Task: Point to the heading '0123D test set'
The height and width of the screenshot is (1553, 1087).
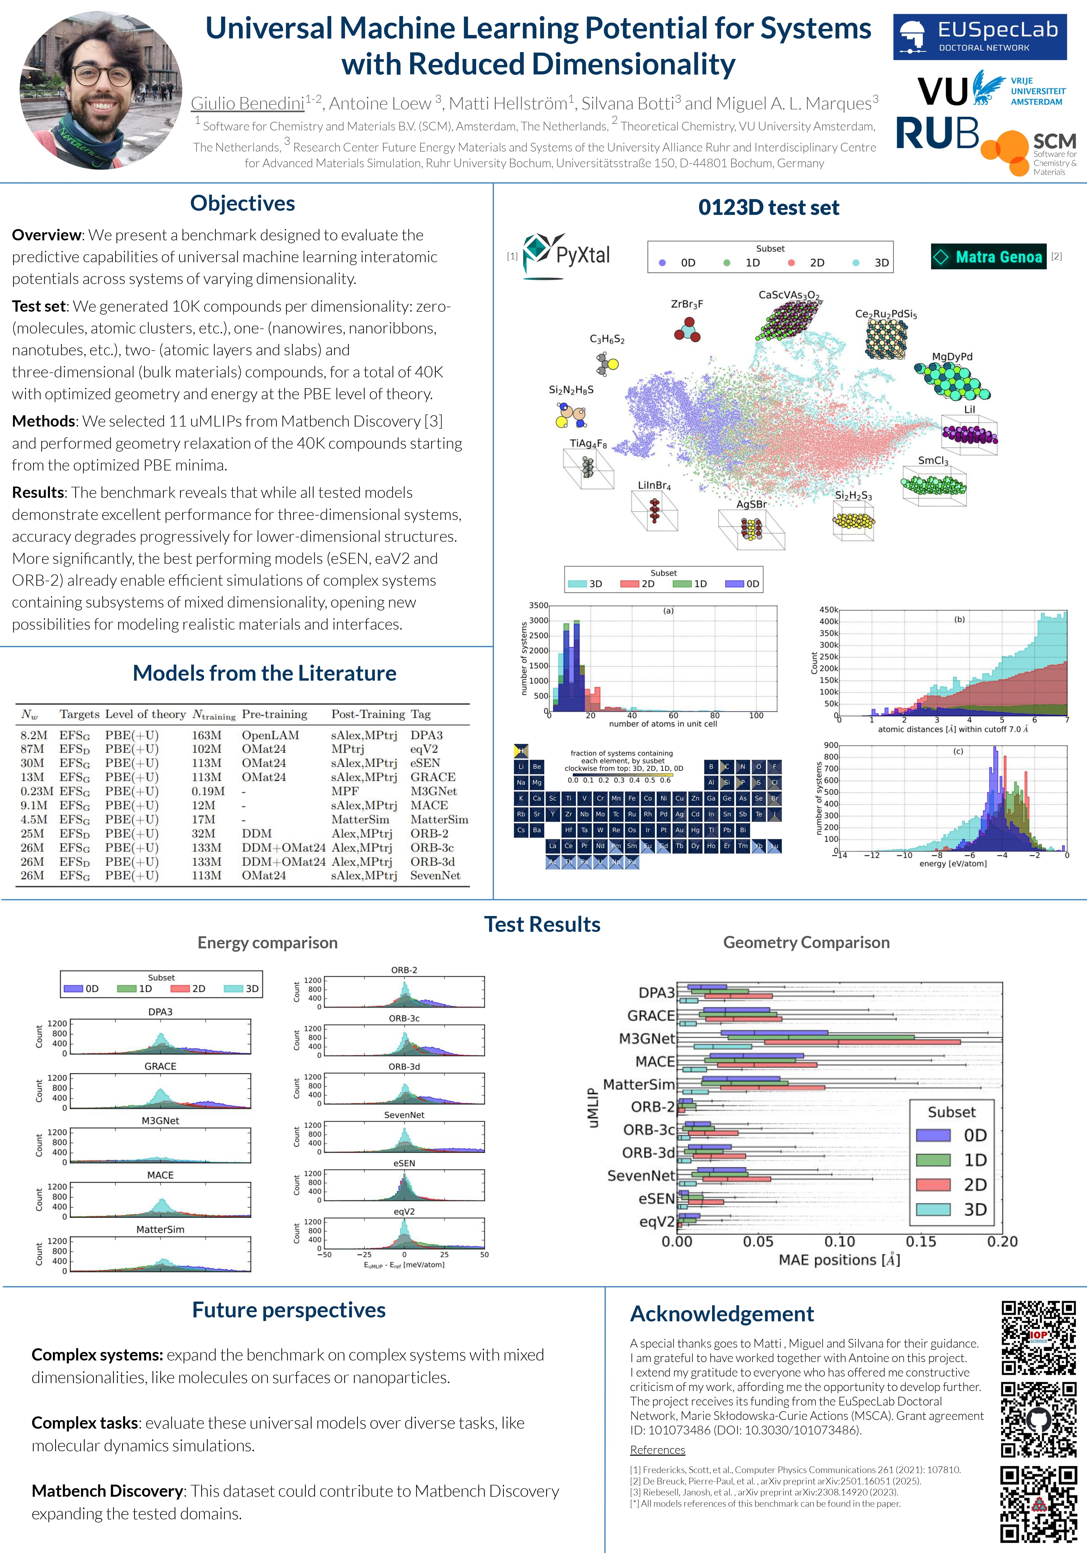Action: pos(768,208)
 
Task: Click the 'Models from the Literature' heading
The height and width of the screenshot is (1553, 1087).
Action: pos(265,673)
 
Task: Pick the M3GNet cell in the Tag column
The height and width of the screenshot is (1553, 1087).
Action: pos(434,791)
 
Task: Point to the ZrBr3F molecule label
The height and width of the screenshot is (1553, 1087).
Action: pos(687,304)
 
